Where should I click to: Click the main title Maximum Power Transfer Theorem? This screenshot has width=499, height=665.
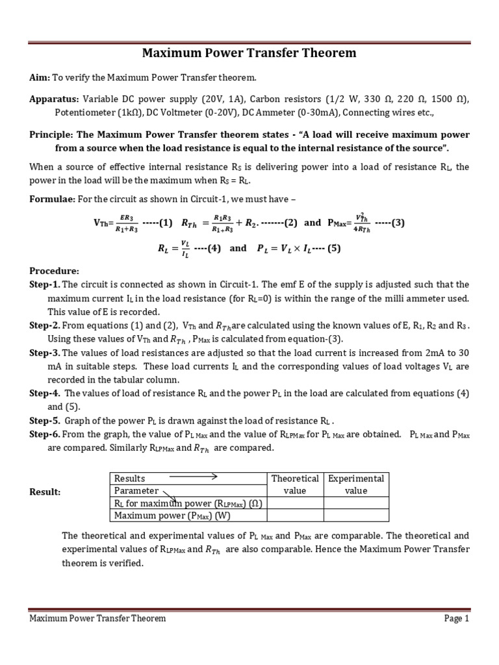pyautogui.click(x=249, y=53)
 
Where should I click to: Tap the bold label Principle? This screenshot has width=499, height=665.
pyautogui.click(x=52, y=134)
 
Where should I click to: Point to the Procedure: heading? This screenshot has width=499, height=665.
pyautogui.click(x=55, y=270)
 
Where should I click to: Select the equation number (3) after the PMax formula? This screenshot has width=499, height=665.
pyautogui.click(x=397, y=222)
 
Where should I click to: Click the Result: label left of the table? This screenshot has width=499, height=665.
pyautogui.click(x=45, y=492)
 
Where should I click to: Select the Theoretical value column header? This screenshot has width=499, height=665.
pyautogui.click(x=295, y=484)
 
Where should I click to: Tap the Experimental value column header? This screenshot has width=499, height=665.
pyautogui.click(x=356, y=484)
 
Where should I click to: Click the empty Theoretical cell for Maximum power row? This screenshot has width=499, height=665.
pyautogui.click(x=295, y=516)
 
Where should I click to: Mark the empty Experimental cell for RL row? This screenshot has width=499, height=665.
pyautogui.click(x=356, y=503)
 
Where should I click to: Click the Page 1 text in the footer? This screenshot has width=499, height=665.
pyautogui.click(x=456, y=619)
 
